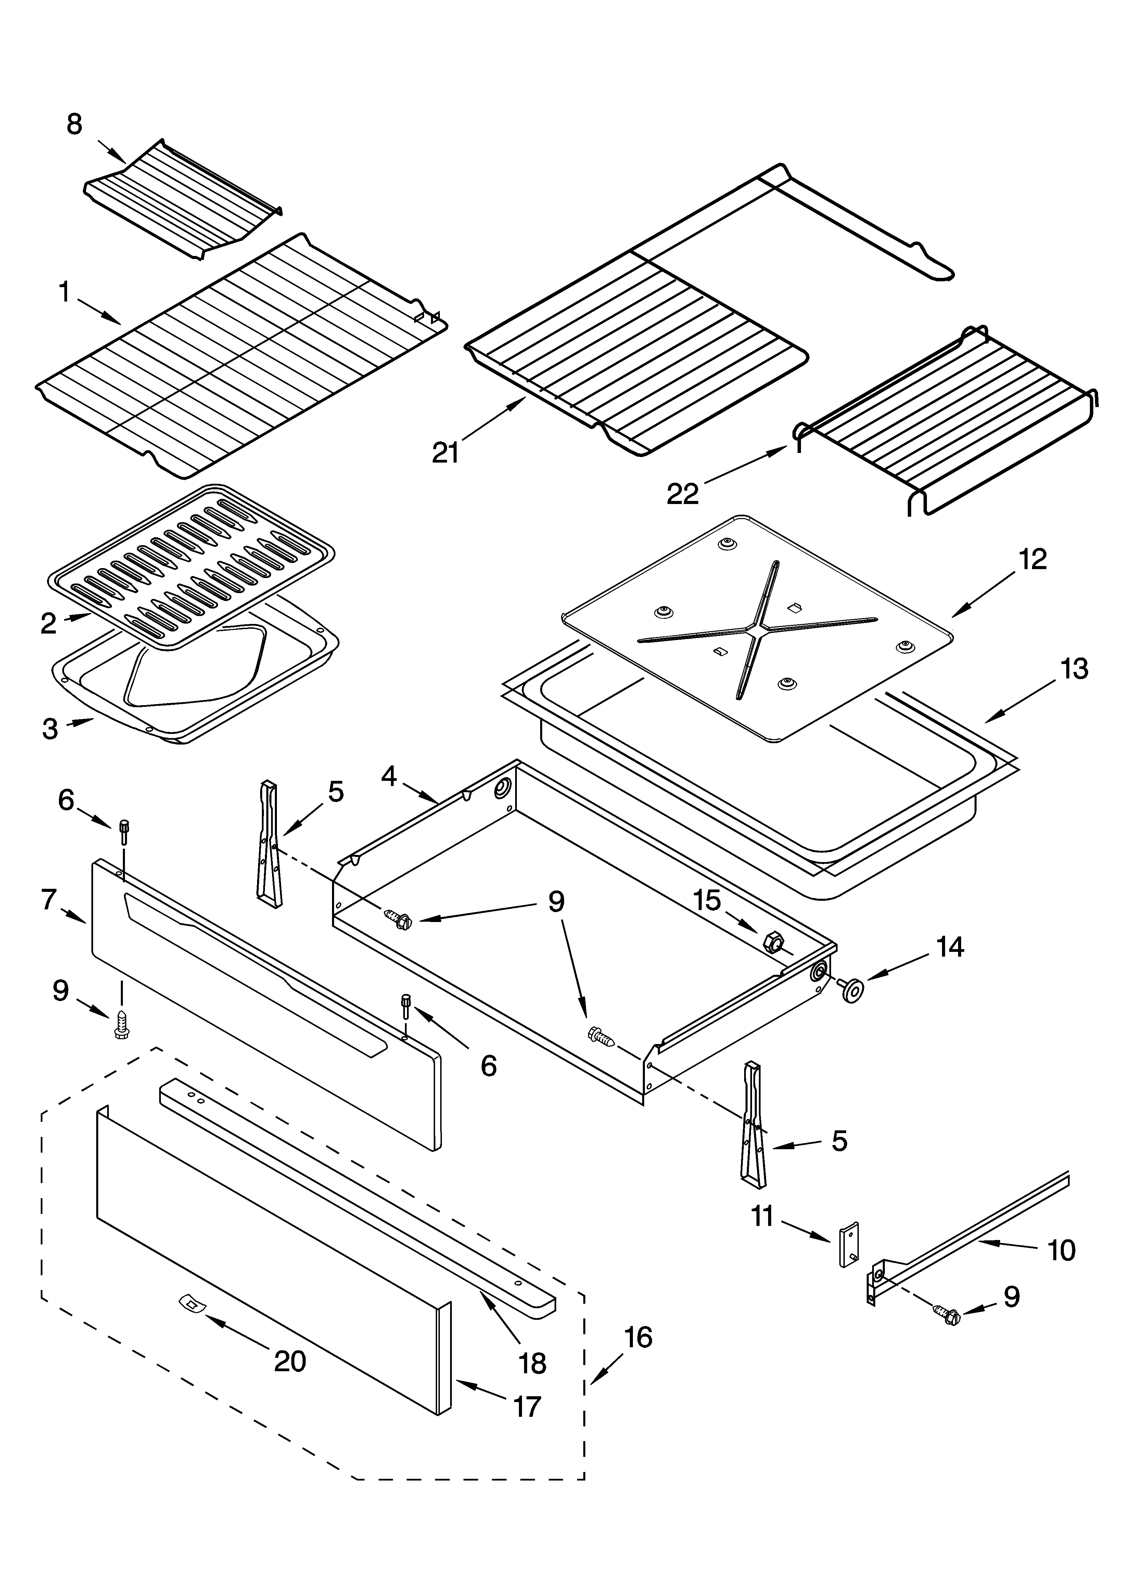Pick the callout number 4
[x=389, y=776]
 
